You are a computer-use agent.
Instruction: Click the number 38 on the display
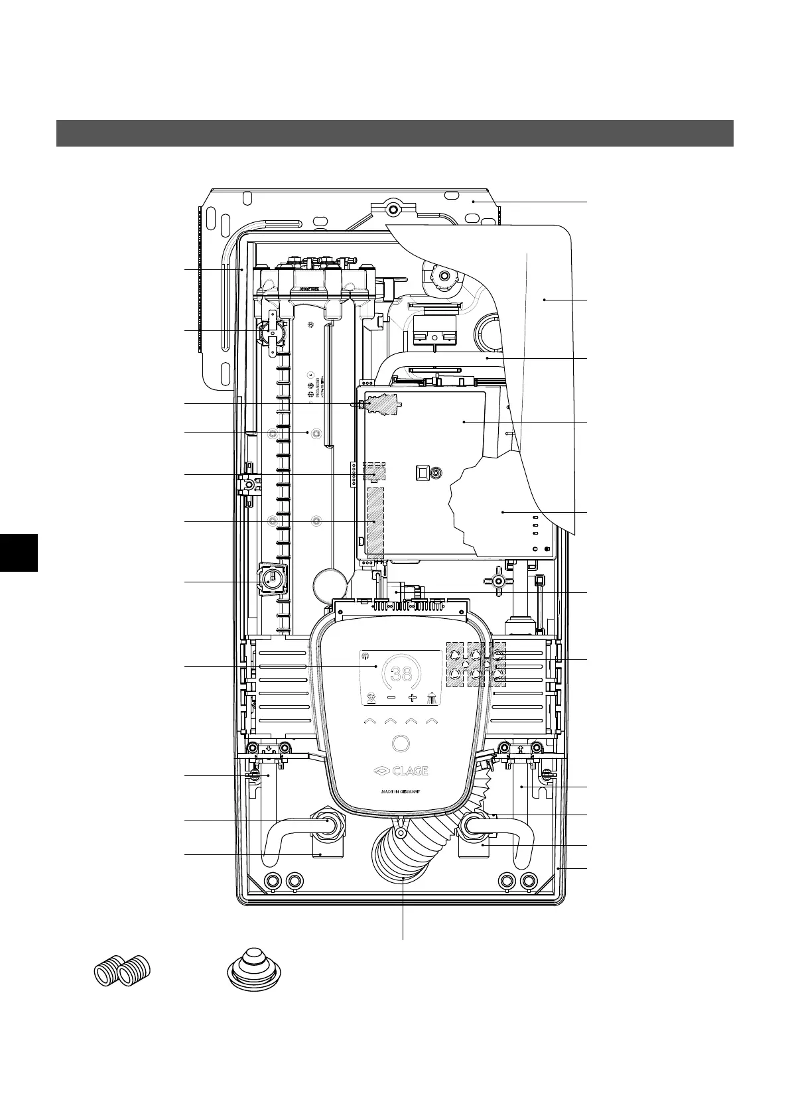(x=401, y=675)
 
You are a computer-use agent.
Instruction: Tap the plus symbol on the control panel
(x=412, y=697)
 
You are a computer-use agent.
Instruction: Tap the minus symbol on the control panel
(x=391, y=697)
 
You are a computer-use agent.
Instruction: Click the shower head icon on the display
(x=432, y=697)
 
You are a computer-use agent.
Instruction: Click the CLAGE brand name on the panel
(x=401, y=771)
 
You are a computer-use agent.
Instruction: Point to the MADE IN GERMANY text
(x=401, y=791)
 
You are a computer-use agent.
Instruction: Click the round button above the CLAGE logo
(x=401, y=744)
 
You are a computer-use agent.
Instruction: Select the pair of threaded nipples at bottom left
(x=123, y=972)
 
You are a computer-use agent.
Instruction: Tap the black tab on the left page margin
(x=19, y=552)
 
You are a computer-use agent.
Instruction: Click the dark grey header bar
(x=395, y=133)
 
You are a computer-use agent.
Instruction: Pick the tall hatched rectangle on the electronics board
(x=375, y=522)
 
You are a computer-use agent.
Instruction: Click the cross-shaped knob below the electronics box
(x=499, y=580)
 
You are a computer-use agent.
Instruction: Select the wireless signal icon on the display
(x=365, y=657)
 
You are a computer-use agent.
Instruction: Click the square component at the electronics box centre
(x=421, y=472)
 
